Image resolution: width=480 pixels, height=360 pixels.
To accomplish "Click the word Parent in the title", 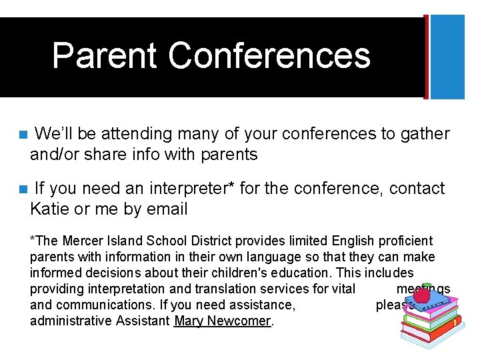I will point(103,55).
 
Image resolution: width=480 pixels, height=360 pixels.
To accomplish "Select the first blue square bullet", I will point(23,135).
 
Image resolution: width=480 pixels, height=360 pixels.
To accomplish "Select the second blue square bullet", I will point(23,189).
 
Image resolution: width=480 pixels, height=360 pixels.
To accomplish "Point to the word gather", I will point(425,134).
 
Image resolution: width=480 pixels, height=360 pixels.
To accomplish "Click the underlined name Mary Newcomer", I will point(223,321).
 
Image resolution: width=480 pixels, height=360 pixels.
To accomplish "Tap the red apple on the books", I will point(422,294).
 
